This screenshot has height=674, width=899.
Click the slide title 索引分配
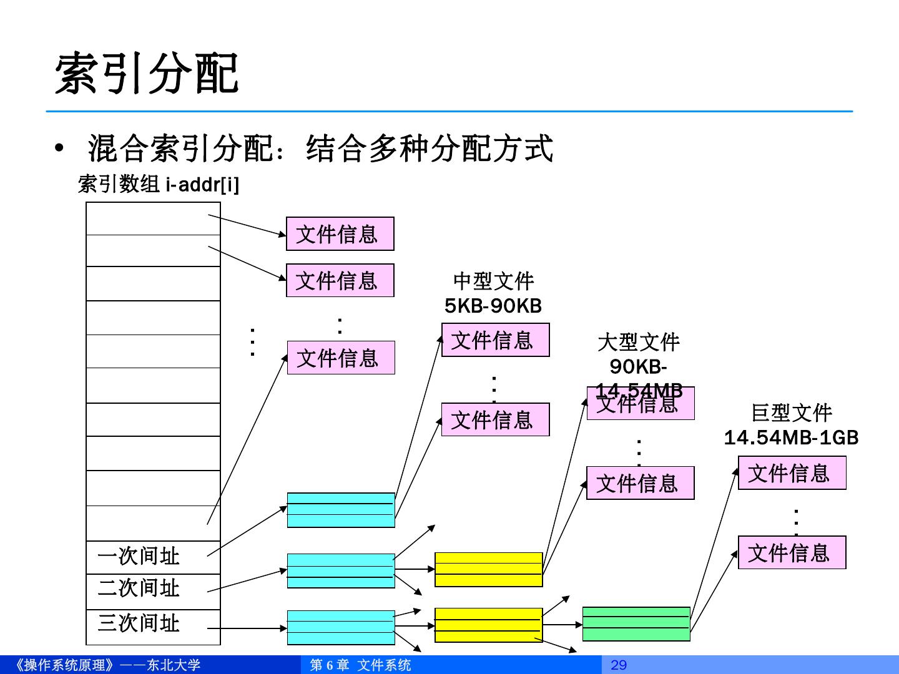(147, 74)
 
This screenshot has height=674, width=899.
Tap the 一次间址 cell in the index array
(139, 556)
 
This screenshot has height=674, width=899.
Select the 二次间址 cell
(139, 589)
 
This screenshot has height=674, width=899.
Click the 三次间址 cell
(139, 623)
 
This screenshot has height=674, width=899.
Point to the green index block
(636, 623)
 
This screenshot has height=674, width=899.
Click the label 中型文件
(494, 281)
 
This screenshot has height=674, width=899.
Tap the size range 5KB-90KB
(493, 306)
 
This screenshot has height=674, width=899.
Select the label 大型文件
(639, 342)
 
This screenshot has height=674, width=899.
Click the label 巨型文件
(792, 413)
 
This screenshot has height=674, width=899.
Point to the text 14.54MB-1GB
(791, 437)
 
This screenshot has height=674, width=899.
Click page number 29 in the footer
(619, 665)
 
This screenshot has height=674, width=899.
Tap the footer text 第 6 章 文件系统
(361, 665)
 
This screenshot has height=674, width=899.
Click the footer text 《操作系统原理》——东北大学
(106, 665)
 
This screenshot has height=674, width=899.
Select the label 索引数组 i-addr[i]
(158, 184)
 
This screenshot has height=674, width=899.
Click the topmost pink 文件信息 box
(340, 234)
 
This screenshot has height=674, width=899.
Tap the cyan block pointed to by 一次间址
(341, 510)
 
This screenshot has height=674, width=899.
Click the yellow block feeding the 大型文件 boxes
(488, 569)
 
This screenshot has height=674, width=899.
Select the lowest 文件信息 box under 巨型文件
(792, 552)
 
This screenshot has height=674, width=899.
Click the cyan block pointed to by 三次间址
(341, 627)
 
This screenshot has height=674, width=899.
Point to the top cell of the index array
(153, 218)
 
